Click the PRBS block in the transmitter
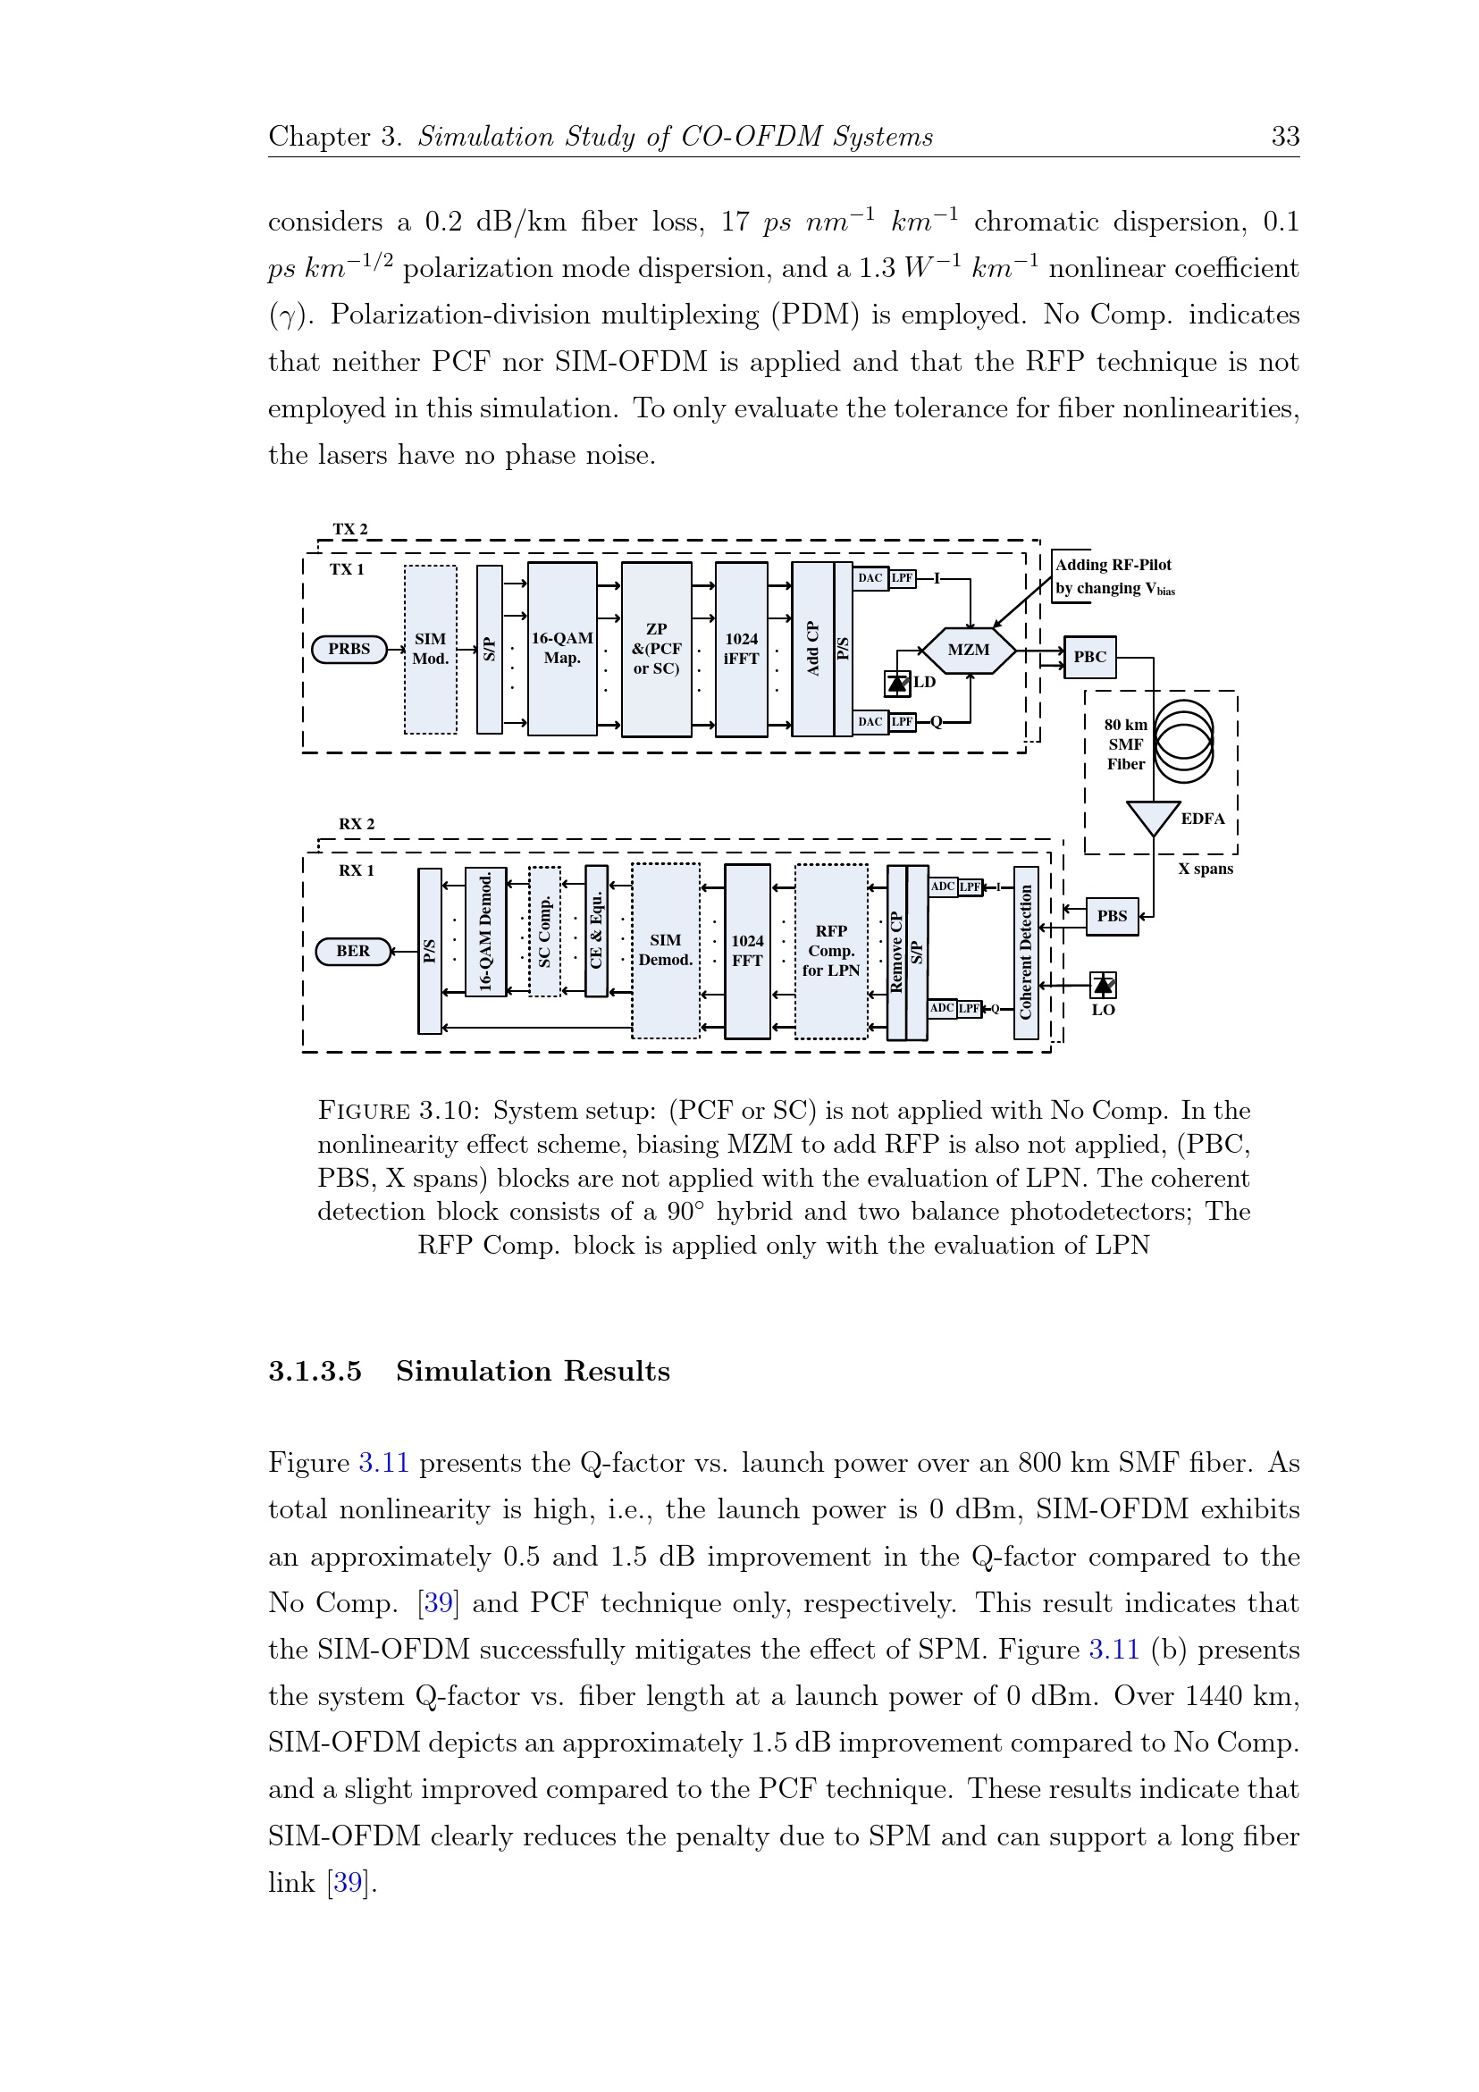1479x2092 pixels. pyautogui.click(x=349, y=650)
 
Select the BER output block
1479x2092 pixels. pyautogui.click(x=353, y=951)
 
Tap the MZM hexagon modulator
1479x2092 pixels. pyautogui.click(x=968, y=651)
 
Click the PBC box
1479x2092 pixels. pyautogui.click(x=1090, y=657)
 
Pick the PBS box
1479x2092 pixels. pyautogui.click(x=1112, y=917)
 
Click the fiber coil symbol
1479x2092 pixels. pyautogui.click(x=1183, y=741)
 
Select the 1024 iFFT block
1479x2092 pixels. pyautogui.click(x=741, y=649)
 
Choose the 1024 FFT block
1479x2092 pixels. pyautogui.click(x=747, y=950)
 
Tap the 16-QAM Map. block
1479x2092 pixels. pyautogui.click(x=562, y=649)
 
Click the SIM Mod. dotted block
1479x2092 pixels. pyautogui.click(x=430, y=649)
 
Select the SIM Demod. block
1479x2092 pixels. pyautogui.click(x=665, y=950)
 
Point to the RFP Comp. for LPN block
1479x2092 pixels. pyautogui.click(x=831, y=950)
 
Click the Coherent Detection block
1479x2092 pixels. pyautogui.click(x=1026, y=951)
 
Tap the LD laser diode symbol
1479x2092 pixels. pyautogui.click(x=897, y=683)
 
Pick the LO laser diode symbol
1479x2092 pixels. pyautogui.click(x=1104, y=985)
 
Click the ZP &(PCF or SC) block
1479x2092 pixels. pyautogui.click(x=656, y=649)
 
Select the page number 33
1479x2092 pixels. pyautogui.click(x=1285, y=137)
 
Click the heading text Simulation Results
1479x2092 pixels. pyautogui.click(x=533, y=1371)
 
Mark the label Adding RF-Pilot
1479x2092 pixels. pyautogui.click(x=1113, y=565)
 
